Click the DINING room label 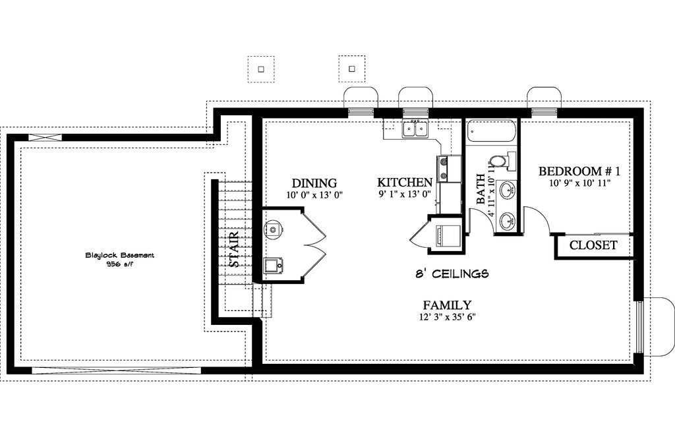point(314,183)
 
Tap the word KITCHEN point(405,183)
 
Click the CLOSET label point(593,245)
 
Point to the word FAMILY point(447,305)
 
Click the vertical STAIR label point(234,249)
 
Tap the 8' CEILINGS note point(452,274)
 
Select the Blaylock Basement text point(120,255)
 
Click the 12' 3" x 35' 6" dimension point(448,317)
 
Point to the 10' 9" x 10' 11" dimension point(580,183)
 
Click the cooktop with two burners point(442,168)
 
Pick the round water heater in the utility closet point(272,228)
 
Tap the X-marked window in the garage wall point(45,138)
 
